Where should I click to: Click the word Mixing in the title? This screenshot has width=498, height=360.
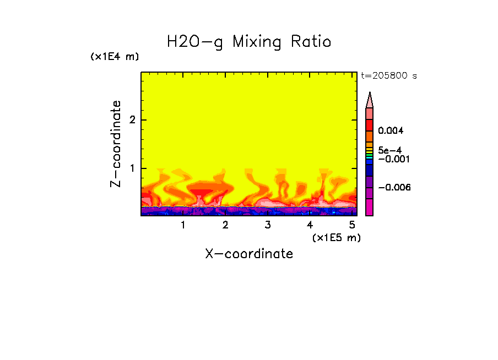257,42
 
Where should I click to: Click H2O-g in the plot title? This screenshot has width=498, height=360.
195,42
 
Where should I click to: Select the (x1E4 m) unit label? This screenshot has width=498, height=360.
115,57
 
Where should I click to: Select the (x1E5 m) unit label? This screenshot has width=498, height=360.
336,237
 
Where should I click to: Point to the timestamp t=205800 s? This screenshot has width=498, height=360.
388,76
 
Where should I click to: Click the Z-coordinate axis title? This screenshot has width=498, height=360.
116,144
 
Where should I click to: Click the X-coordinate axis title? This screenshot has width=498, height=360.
249,254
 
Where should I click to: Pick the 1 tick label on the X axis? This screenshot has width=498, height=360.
183,225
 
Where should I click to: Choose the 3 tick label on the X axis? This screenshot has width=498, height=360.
267,225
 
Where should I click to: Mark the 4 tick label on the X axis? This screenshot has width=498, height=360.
310,225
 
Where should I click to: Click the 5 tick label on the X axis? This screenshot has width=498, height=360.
351,225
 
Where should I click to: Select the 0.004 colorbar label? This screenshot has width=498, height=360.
391,131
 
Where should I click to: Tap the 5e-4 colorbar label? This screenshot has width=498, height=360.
389,150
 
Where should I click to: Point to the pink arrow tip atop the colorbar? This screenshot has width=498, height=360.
370,100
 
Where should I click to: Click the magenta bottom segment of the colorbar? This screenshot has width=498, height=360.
370,207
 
